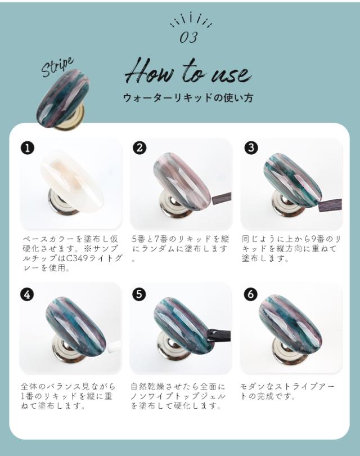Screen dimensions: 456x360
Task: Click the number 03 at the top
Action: pos(188,38)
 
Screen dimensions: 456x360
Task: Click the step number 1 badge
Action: pos(27,148)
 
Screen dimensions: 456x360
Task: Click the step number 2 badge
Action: pos(139,148)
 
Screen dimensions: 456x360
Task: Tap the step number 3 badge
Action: pos(251,148)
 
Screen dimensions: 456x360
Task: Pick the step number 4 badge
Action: pos(27,294)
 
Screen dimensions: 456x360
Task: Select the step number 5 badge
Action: pos(139,294)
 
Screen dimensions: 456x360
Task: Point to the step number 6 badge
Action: pos(251,294)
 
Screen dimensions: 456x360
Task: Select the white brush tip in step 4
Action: pos(115,345)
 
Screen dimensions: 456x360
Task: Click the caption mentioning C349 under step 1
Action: pos(71,253)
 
